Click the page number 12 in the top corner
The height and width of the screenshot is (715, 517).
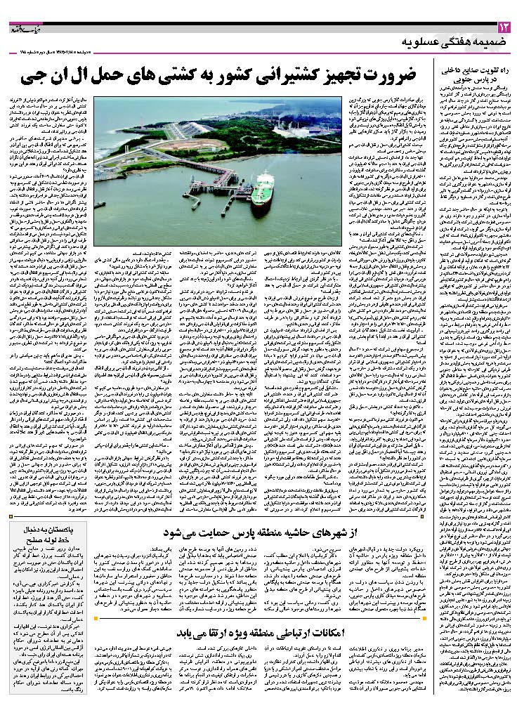[504, 28]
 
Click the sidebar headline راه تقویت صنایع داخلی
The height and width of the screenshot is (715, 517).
[473, 71]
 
